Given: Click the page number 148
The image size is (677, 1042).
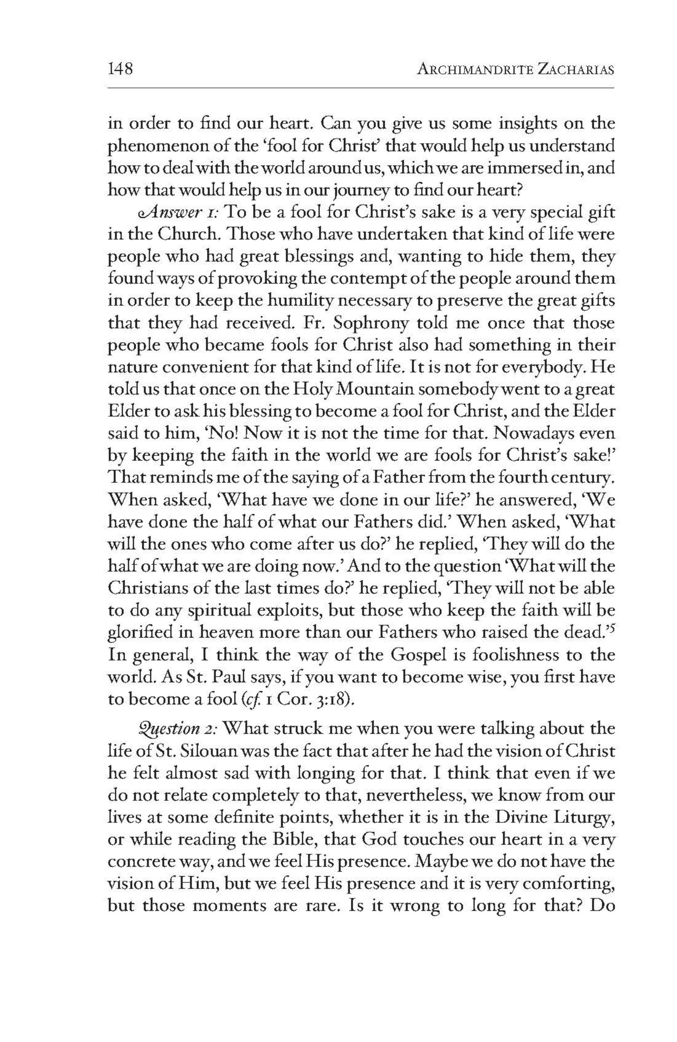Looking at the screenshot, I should [x=121, y=69].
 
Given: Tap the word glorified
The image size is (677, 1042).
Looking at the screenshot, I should [x=140, y=632].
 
